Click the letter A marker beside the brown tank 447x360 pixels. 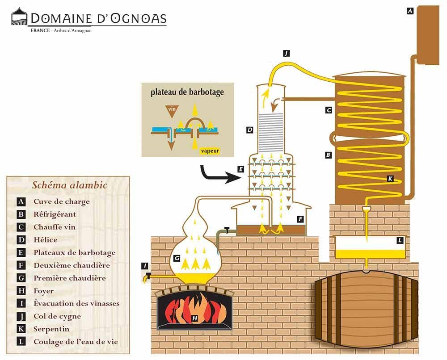tap(410, 12)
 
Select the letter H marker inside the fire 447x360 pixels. tap(194, 318)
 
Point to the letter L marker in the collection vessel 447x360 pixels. tap(400, 241)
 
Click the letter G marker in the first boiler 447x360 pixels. tap(177, 258)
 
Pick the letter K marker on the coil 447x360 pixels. tap(390, 179)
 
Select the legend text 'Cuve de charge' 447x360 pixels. tap(61, 201)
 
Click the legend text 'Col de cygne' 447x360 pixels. tap(57, 316)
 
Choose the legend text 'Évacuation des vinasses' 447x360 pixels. tap(76, 304)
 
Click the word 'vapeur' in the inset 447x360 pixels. tap(210, 151)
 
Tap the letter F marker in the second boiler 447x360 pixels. tap(300, 219)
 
